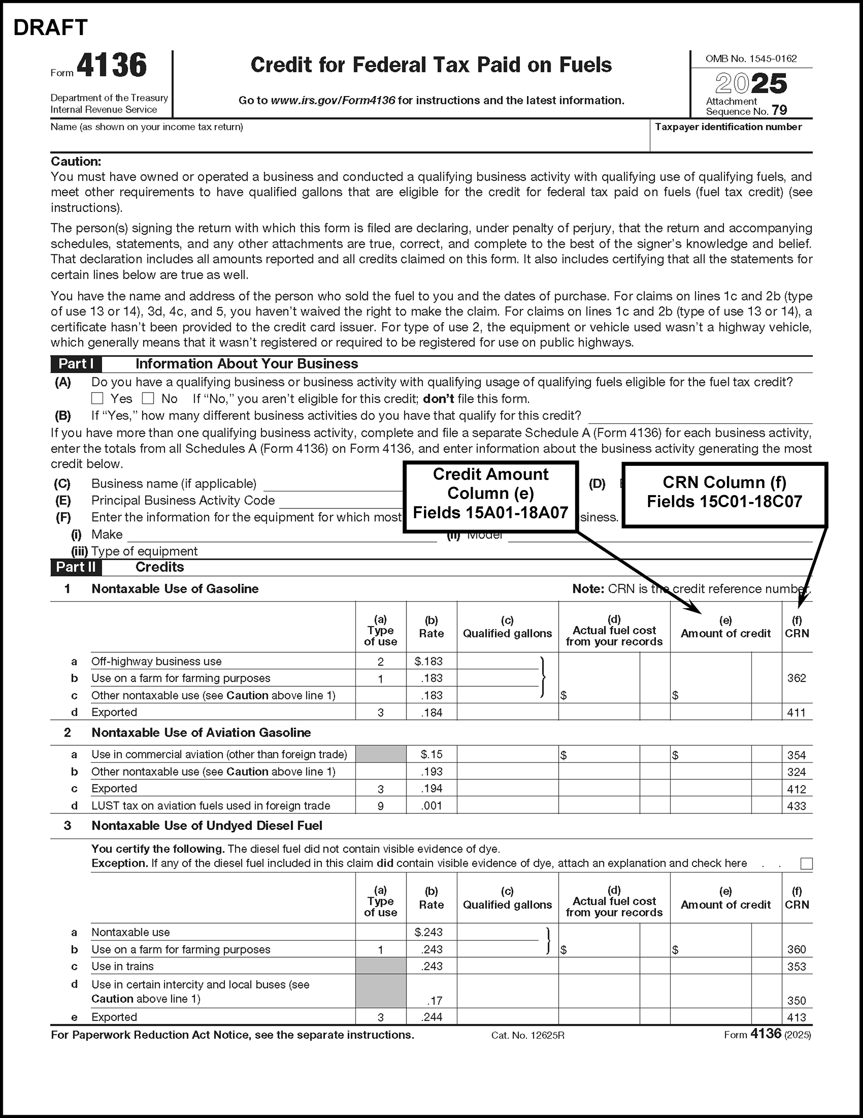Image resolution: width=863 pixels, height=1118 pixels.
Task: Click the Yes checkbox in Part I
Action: click(x=97, y=398)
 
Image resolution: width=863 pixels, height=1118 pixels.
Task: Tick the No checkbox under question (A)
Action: click(x=148, y=398)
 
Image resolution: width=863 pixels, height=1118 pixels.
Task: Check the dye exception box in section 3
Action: click(x=806, y=864)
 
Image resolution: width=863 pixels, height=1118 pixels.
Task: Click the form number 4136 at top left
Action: click(x=112, y=66)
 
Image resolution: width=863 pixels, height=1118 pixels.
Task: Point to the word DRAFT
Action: click(x=51, y=27)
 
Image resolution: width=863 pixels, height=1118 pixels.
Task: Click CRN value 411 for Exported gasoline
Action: click(x=796, y=712)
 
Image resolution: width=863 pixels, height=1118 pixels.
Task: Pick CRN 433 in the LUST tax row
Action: click(x=796, y=806)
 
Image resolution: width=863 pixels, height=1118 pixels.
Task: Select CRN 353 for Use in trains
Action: click(x=796, y=967)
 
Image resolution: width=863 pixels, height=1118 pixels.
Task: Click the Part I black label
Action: click(x=76, y=364)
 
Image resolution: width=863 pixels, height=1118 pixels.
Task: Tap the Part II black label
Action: click(x=76, y=567)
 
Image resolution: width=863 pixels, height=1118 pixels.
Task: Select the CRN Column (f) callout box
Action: click(x=725, y=492)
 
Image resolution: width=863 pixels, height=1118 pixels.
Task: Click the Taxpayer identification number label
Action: click(x=728, y=127)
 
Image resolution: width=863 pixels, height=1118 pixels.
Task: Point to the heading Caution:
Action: click(x=76, y=162)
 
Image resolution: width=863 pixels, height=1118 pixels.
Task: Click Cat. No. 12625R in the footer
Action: click(x=527, y=1035)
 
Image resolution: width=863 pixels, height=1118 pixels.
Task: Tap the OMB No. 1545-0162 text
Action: click(x=751, y=59)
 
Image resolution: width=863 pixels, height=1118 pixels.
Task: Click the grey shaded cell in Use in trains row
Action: click(x=380, y=966)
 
